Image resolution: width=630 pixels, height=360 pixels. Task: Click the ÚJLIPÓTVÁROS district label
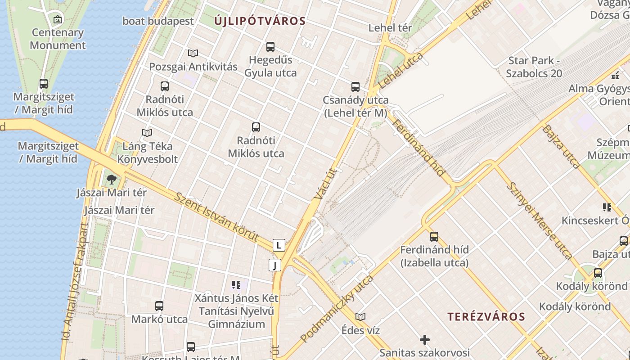260,21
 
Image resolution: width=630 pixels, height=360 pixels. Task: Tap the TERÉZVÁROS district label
486,316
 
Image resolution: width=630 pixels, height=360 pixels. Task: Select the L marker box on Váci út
279,245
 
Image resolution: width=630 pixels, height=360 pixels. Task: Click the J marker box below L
274,265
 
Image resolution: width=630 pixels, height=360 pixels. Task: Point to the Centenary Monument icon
58,19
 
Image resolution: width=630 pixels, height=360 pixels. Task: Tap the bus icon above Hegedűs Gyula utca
270,46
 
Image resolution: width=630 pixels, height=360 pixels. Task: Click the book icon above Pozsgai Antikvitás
193,54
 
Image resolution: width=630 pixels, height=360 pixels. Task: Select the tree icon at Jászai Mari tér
111,180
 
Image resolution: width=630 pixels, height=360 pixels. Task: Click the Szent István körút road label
217,217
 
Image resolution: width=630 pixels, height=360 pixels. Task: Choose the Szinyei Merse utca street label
540,220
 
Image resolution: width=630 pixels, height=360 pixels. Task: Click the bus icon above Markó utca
159,306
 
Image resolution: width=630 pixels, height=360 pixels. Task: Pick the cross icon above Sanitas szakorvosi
424,339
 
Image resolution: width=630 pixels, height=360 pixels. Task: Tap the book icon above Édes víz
360,317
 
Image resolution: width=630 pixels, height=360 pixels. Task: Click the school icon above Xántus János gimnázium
236,284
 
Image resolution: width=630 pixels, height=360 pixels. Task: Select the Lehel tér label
390,27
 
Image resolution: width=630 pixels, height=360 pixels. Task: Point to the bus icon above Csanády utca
355,86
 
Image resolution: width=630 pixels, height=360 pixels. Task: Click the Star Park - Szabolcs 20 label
534,67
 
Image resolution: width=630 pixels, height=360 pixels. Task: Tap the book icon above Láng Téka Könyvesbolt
147,133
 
